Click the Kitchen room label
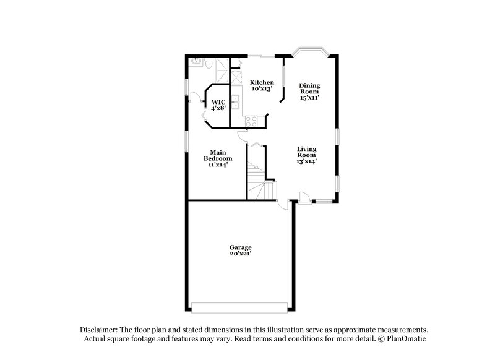pyautogui.click(x=262, y=82)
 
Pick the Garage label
pyautogui.click(x=241, y=247)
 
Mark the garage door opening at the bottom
pyautogui.click(x=239, y=307)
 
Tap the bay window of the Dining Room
pyautogui.click(x=309, y=53)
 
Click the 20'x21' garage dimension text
pyautogui.click(x=241, y=254)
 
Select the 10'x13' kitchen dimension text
pyautogui.click(x=262, y=89)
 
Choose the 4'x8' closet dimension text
pyautogui.click(x=218, y=108)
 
